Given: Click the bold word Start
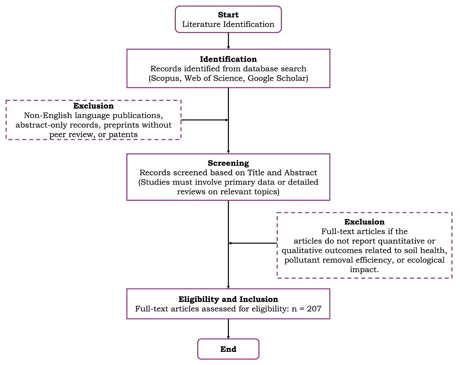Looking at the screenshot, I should click(x=228, y=15).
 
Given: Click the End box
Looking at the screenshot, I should click(x=228, y=349).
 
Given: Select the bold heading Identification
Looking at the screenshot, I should click(x=228, y=59).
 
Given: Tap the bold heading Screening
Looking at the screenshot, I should click(x=228, y=163).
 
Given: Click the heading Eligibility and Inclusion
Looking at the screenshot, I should click(x=228, y=299).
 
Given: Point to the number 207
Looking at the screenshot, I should click(x=314, y=309).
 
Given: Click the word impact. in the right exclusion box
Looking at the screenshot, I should click(x=364, y=270).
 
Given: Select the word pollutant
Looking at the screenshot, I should click(x=301, y=260).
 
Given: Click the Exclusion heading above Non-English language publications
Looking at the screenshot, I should click(x=93, y=106).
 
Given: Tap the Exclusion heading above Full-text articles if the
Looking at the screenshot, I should click(x=364, y=222).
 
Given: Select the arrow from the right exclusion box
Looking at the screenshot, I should click(x=253, y=243).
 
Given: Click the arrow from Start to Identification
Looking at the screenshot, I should click(x=228, y=41).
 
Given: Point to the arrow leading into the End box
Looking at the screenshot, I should click(x=228, y=329).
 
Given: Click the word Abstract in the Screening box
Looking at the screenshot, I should click(x=301, y=173).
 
